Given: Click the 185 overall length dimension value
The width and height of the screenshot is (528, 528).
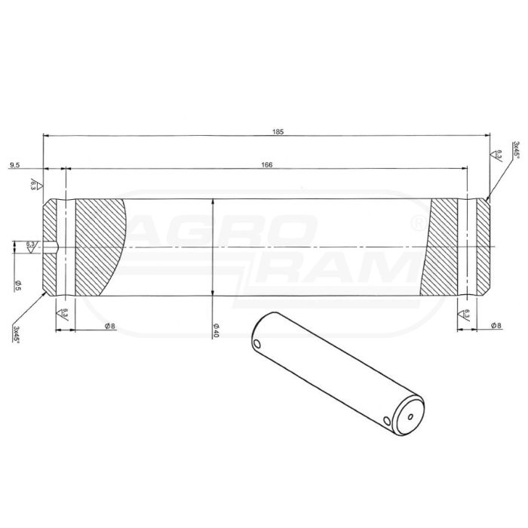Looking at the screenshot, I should point(278,131).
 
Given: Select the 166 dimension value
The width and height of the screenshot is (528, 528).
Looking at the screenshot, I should point(266,164).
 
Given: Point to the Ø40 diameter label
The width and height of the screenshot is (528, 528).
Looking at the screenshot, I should point(216,330).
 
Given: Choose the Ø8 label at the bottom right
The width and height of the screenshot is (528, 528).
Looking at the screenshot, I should point(496,325).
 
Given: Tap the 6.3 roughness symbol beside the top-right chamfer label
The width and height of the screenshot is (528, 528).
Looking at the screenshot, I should point(499,156).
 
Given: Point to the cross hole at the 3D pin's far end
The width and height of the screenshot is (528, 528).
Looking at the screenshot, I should point(259,344).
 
